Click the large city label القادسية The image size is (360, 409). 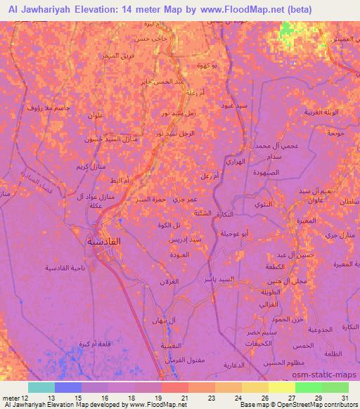[x=103, y=241]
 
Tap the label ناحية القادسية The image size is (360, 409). [x=65, y=268]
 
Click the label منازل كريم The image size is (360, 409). [x=91, y=167]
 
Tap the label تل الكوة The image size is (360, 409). [x=170, y=225]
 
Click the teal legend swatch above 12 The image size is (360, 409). [x=41, y=387]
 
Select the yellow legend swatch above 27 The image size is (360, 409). [x=282, y=387]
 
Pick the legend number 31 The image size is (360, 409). [x=345, y=398]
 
